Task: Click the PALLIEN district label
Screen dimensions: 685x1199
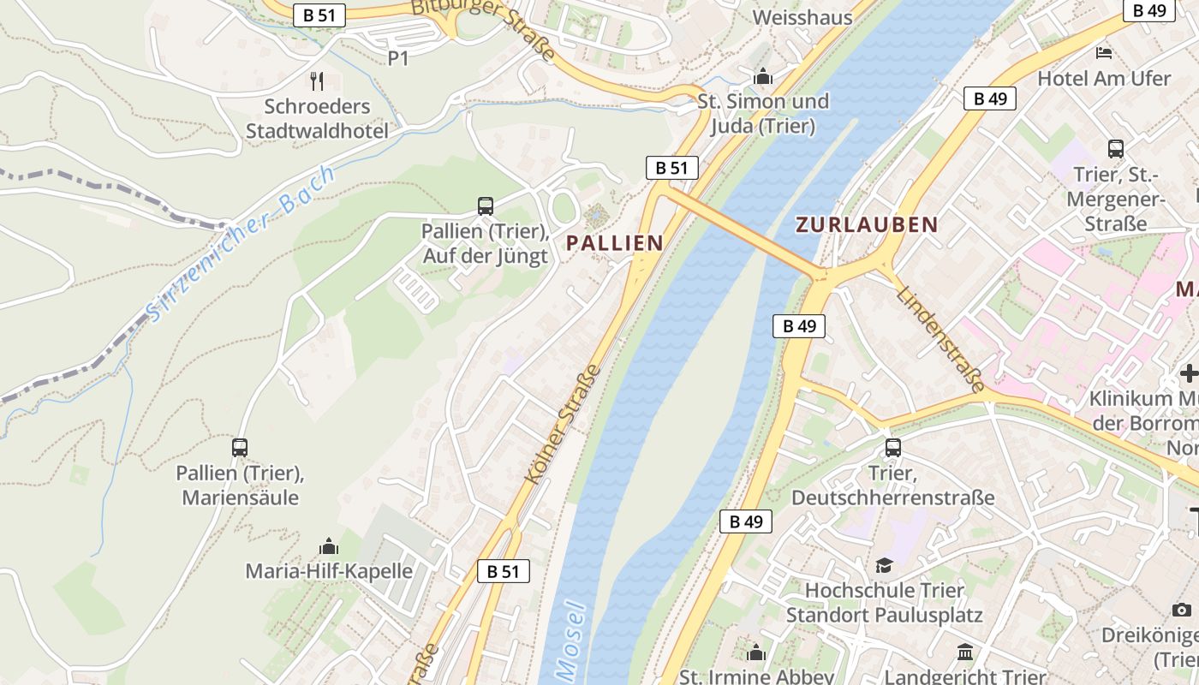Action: pyautogui.click(x=615, y=243)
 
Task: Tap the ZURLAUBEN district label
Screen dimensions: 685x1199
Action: pyautogui.click(x=867, y=225)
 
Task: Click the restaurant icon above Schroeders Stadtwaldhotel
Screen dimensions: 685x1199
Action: pyautogui.click(x=318, y=81)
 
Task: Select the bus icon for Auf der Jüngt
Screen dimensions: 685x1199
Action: pyautogui.click(x=486, y=205)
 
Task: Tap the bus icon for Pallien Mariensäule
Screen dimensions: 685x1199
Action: pyautogui.click(x=240, y=447)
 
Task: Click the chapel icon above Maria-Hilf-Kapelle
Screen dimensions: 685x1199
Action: pyautogui.click(x=329, y=546)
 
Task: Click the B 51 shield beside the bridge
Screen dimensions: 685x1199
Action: pyautogui.click(x=671, y=168)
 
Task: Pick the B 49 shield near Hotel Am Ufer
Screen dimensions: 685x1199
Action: pyautogui.click(x=990, y=98)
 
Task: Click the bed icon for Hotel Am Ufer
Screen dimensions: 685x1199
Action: pyautogui.click(x=1104, y=53)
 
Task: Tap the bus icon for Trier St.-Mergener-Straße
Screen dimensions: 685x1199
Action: pyautogui.click(x=1115, y=148)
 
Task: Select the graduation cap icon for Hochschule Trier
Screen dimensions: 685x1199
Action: pyautogui.click(x=884, y=565)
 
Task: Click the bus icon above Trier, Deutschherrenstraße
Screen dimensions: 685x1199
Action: pyautogui.click(x=893, y=447)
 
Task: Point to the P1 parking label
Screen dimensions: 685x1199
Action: pyautogui.click(x=398, y=58)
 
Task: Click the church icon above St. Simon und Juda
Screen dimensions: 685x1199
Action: pyautogui.click(x=763, y=77)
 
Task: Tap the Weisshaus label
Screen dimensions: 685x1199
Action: pyautogui.click(x=802, y=17)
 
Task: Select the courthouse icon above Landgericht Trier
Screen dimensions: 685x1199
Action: pyautogui.click(x=965, y=652)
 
